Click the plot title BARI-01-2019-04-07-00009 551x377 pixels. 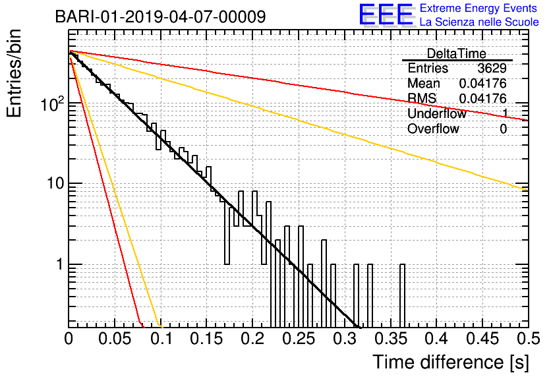tap(161, 16)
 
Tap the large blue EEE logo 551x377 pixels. tap(386, 14)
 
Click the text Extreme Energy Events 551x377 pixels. tap(478, 8)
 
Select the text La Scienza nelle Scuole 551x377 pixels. tap(479, 22)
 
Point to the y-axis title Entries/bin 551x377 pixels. tap(14, 74)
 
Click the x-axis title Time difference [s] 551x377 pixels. tap(451, 362)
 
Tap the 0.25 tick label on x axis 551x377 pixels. tap(299, 339)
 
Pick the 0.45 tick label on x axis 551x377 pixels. tap(482, 339)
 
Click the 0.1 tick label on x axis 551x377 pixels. tap(161, 339)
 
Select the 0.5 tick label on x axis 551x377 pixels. tap(529, 339)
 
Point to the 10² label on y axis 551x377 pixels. tap(52, 103)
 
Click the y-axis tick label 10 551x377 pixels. tap(55, 183)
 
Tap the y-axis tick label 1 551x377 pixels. tap(60, 264)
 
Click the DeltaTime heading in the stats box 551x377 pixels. tap(457, 53)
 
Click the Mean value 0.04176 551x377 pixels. tap(483, 84)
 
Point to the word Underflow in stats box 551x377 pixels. tap(437, 113)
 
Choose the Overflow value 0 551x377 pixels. tap(503, 129)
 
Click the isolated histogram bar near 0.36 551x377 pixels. tap(402, 296)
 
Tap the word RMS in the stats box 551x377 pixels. tap(422, 98)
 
